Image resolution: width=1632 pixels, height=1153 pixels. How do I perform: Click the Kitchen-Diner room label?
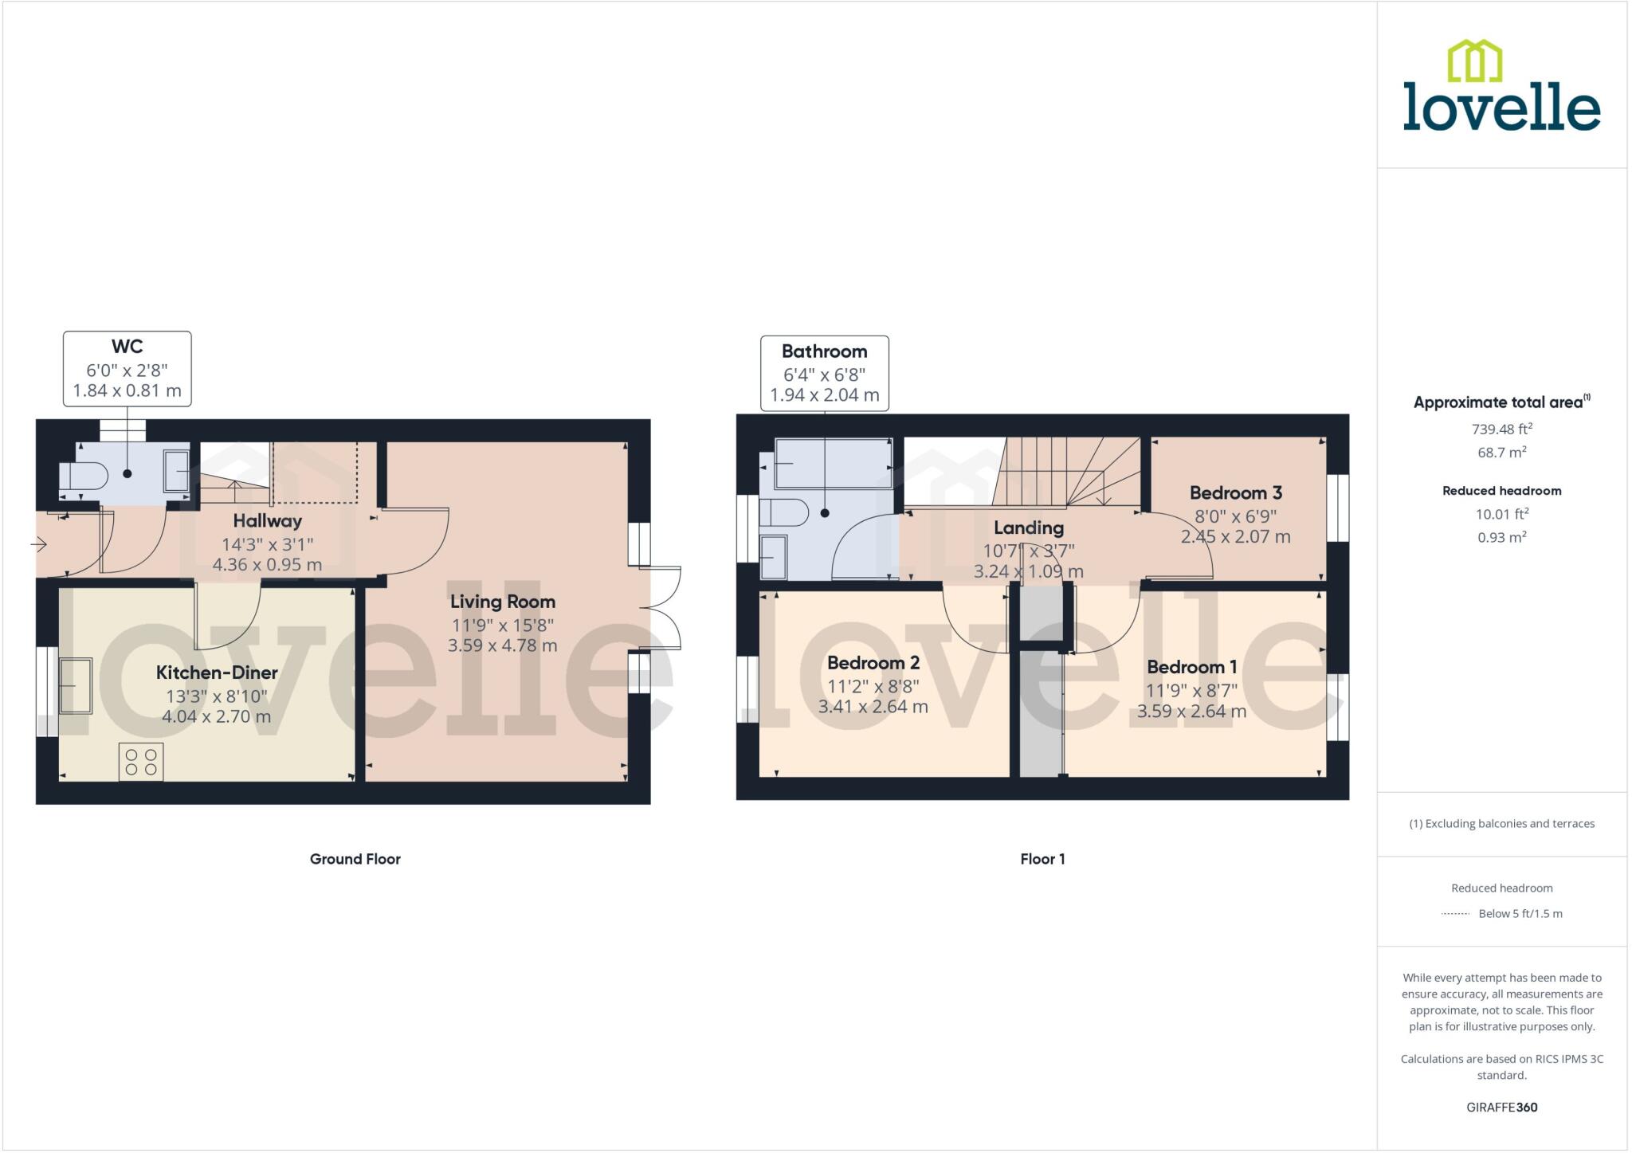click(217, 673)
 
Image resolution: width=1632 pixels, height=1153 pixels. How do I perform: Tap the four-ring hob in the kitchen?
click(141, 761)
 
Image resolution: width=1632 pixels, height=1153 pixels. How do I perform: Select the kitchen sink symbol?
click(76, 684)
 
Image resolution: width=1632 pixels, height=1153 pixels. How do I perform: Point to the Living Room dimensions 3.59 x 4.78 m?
click(502, 645)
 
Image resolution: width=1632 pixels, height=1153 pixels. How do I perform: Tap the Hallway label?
click(267, 521)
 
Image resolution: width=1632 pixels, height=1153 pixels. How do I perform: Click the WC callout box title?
click(127, 347)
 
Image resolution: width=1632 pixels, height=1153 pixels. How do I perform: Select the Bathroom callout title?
click(824, 351)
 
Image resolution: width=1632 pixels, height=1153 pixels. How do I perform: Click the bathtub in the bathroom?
click(833, 463)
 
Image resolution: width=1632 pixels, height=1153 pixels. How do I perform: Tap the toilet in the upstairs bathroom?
click(783, 512)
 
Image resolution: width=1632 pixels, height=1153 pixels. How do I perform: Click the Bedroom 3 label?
click(1235, 493)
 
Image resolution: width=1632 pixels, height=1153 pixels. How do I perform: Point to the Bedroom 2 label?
click(873, 663)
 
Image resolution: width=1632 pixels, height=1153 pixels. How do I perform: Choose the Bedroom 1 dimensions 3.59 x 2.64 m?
click(1191, 711)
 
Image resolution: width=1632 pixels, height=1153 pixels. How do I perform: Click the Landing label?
click(1028, 527)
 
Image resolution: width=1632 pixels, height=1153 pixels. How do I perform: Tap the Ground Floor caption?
click(355, 859)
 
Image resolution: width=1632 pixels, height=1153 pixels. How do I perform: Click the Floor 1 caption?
click(1042, 859)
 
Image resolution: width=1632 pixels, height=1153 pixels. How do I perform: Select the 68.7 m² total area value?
click(1501, 452)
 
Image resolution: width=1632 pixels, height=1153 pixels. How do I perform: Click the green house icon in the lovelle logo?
click(1474, 61)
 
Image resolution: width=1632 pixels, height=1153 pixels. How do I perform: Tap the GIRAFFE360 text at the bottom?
click(1501, 1107)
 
